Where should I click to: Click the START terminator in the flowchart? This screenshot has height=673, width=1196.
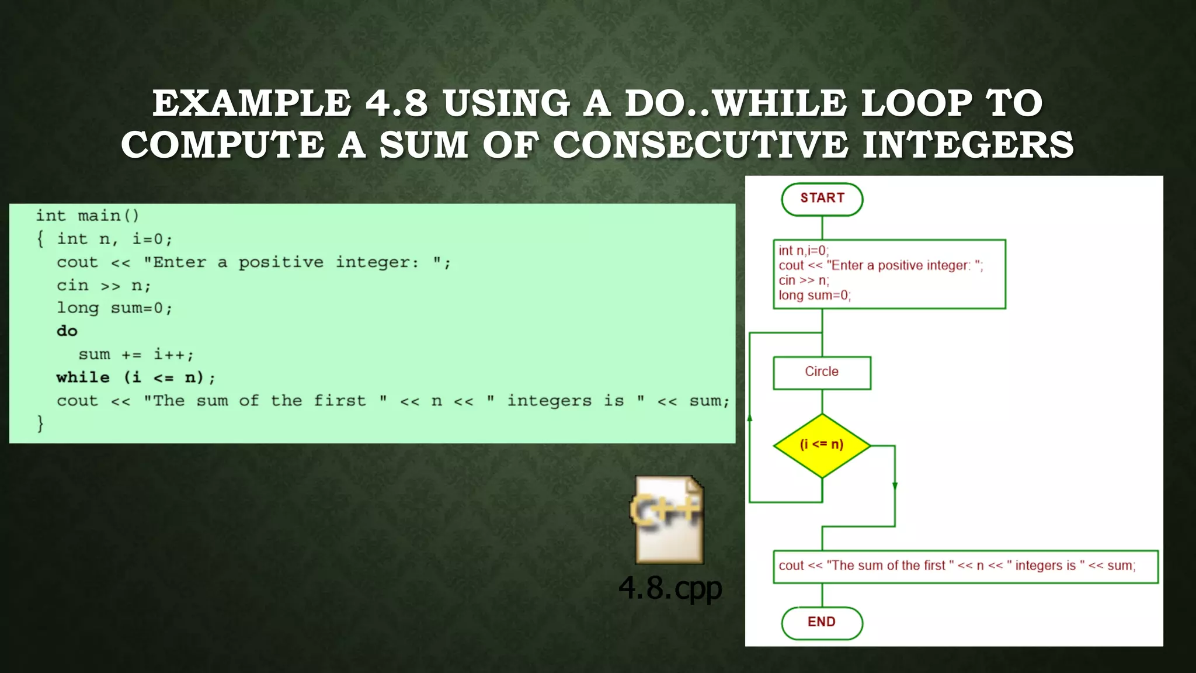822,199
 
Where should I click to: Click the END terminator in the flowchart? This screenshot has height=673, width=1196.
822,622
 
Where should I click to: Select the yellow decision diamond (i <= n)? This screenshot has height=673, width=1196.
822,445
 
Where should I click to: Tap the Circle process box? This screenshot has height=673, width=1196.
822,372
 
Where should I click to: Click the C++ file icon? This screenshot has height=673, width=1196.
669,520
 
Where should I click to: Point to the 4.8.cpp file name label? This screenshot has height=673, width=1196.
670,588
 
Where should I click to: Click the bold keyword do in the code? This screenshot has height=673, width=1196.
67,331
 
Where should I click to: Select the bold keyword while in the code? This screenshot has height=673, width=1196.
83,377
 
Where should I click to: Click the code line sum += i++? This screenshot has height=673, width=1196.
135,355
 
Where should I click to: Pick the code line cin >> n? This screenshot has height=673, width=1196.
103,286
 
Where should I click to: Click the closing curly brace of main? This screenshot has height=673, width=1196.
40,423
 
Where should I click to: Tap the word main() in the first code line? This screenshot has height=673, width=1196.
109,216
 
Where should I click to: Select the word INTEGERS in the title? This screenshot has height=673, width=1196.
968,145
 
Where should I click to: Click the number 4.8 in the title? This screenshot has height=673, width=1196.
397,103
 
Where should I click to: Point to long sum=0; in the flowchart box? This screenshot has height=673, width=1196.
814,296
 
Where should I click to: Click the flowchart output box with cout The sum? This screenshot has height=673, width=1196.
965,566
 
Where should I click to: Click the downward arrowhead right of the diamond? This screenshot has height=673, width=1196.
895,486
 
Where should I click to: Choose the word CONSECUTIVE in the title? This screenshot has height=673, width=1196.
700,145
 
